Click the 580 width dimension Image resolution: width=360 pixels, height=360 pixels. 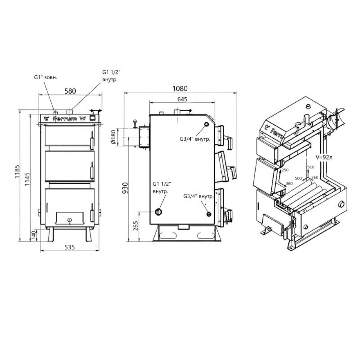tap(69, 91)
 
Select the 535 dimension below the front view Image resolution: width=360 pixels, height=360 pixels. tap(69, 247)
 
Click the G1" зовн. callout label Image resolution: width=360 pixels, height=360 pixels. tap(45, 77)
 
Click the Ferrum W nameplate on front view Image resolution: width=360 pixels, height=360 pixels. tap(68, 118)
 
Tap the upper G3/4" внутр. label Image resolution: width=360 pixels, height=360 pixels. tap(195, 139)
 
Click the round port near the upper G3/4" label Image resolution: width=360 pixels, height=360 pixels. tap(206, 125)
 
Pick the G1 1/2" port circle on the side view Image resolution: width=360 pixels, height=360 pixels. tap(158, 212)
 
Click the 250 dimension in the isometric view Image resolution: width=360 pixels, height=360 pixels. tap(285, 170)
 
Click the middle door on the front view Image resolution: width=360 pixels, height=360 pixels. tap(67, 165)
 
